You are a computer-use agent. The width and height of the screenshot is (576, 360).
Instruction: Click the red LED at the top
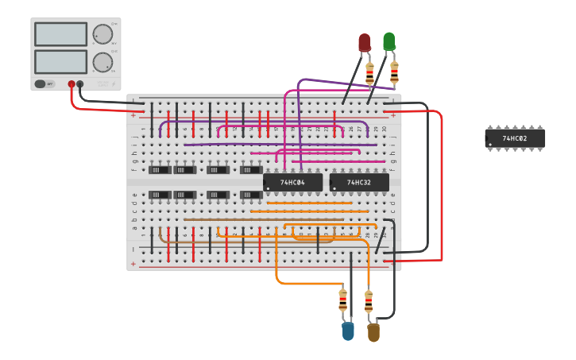pyautogui.click(x=365, y=43)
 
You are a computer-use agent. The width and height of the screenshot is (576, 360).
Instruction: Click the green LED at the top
pyautogui.click(x=389, y=41)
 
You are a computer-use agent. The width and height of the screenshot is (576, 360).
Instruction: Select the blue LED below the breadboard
pyautogui.click(x=348, y=331)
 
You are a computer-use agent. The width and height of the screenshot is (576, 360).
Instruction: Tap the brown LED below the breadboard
pyautogui.click(x=373, y=332)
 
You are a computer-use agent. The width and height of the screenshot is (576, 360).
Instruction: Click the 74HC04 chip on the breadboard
pyautogui.click(x=292, y=183)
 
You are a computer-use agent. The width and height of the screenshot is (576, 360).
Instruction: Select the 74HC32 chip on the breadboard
pyautogui.click(x=359, y=183)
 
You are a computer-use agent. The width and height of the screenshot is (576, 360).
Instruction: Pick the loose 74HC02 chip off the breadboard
pyautogui.click(x=515, y=139)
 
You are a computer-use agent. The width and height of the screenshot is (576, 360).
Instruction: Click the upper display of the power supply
pyautogui.click(x=60, y=34)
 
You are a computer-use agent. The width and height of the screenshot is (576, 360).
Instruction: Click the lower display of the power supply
pyautogui.click(x=60, y=62)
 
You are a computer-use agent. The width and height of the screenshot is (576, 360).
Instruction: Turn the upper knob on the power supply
pyautogui.click(x=102, y=34)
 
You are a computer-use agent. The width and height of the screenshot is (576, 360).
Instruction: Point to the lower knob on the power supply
pyautogui.click(x=102, y=63)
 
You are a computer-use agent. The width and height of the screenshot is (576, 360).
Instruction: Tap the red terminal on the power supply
pyautogui.click(x=72, y=83)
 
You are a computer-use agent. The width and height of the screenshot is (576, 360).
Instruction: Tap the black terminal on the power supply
pyautogui.click(x=80, y=83)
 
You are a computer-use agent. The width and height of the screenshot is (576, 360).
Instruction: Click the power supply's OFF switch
pyautogui.click(x=44, y=83)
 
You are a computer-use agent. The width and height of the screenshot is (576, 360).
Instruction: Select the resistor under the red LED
pyautogui.click(x=369, y=73)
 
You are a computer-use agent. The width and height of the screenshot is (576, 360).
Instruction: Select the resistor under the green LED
pyautogui.click(x=394, y=72)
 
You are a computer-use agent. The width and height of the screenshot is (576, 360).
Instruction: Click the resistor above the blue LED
pyautogui.click(x=342, y=300)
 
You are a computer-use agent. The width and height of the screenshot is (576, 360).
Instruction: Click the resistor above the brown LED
pyautogui.click(x=369, y=302)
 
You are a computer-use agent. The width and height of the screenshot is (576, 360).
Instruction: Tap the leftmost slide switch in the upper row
pyautogui.click(x=160, y=169)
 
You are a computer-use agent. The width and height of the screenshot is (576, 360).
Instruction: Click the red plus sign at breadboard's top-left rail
pyautogui.click(x=133, y=115)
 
